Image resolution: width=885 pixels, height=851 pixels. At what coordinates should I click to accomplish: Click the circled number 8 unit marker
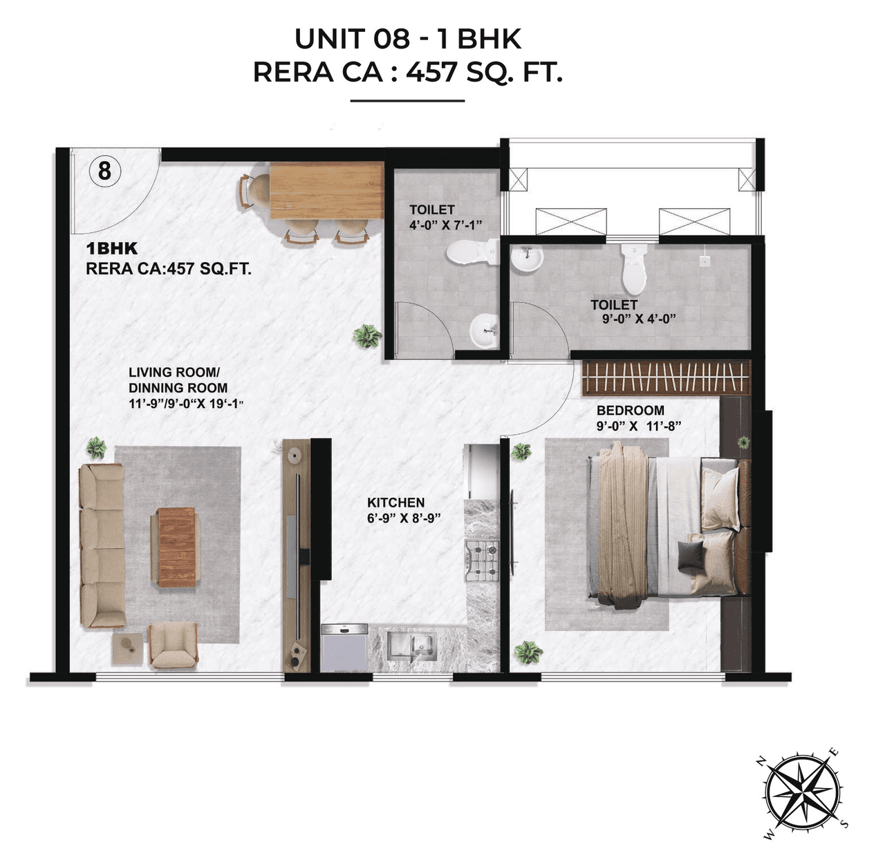(x=104, y=170)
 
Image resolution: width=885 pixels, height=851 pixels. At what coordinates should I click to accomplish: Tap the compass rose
(x=803, y=790)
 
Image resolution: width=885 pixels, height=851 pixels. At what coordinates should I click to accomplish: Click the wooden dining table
(x=326, y=189)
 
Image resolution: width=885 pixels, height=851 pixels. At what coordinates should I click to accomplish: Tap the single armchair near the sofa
(x=174, y=645)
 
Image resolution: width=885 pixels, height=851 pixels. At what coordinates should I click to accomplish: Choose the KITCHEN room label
(x=395, y=503)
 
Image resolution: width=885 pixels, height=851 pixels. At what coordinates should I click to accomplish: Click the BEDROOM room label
(x=630, y=410)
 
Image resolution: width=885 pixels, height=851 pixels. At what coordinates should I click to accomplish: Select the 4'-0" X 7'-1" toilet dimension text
(x=445, y=225)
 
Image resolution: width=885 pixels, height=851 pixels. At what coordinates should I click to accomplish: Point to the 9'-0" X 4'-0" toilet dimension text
(x=638, y=319)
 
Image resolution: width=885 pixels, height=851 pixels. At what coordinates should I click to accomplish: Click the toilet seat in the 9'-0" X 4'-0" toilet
(x=633, y=269)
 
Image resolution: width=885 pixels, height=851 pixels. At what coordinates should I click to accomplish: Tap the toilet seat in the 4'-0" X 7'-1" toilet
(x=469, y=252)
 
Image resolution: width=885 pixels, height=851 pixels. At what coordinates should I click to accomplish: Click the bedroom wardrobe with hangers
(x=665, y=377)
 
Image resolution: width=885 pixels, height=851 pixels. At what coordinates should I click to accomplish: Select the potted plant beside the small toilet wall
(x=367, y=337)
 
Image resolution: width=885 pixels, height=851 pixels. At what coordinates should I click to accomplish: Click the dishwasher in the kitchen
(x=344, y=648)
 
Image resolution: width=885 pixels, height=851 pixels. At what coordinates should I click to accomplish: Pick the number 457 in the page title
(x=431, y=71)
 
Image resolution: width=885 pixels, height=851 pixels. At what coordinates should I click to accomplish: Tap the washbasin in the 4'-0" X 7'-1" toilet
(x=484, y=330)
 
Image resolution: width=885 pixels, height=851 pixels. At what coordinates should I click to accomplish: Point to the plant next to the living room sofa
(x=96, y=447)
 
